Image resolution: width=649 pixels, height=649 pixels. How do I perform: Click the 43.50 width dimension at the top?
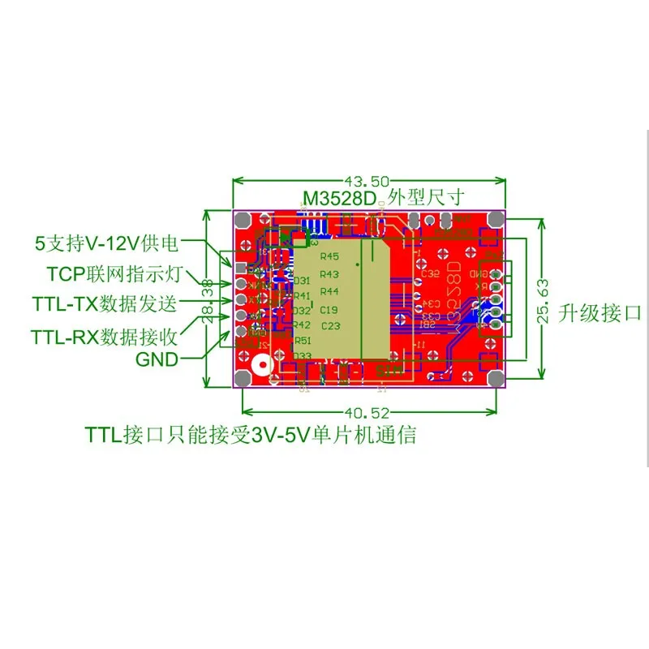[367, 182]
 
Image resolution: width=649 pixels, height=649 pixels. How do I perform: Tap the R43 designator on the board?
[329, 275]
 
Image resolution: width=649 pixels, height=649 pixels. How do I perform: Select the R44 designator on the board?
[329, 292]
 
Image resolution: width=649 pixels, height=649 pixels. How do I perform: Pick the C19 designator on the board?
[329, 309]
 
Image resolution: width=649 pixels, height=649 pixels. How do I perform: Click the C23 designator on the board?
[331, 326]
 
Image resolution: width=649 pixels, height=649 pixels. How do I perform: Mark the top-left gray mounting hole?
[242, 219]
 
